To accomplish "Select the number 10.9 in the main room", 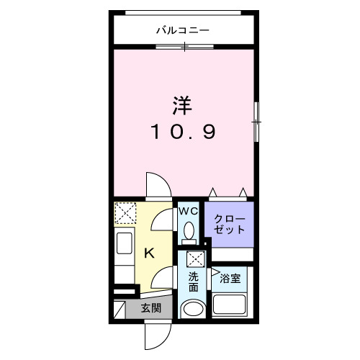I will pos(183,132).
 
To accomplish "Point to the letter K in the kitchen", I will pos(150,253).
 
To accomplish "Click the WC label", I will pos(188,211).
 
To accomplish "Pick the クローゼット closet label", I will pos(229,223).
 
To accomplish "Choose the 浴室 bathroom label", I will pos(230,276).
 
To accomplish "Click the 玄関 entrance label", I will pos(150,309).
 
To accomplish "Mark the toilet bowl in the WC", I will pos(189,232).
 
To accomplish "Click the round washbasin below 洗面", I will pos(193,310).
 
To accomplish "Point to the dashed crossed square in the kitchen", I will pos(127,214).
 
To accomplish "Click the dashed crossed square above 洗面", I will pos(194,259).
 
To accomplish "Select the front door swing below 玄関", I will pos(156,333).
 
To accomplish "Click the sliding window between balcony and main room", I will pos(184,47).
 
